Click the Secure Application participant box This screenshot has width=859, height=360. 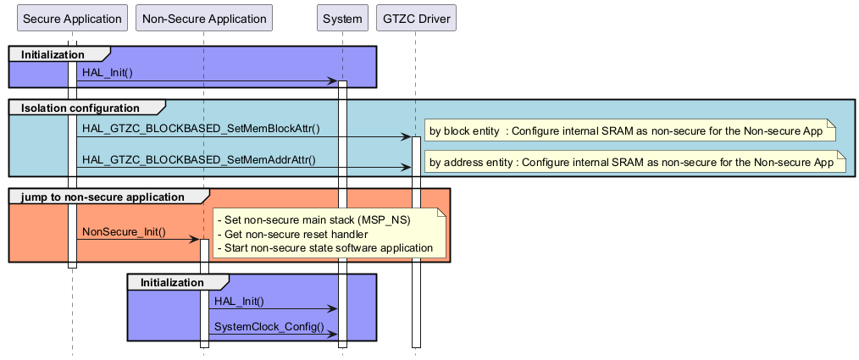point(72,19)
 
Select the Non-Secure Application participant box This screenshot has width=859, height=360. point(203,19)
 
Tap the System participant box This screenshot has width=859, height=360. point(342,19)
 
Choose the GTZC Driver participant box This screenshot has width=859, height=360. point(416,19)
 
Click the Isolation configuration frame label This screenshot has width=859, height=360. point(80,108)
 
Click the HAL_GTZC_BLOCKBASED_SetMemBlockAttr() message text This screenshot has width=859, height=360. point(201,129)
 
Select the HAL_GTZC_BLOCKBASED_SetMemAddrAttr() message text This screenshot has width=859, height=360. point(199,159)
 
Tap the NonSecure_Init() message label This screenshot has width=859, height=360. point(124,231)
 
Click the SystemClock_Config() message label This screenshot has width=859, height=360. point(269,326)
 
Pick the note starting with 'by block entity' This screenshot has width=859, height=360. point(630,131)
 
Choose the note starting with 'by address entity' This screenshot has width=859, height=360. point(630,163)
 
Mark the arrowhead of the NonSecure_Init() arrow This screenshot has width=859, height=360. point(194,240)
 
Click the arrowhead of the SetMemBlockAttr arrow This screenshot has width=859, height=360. point(407,136)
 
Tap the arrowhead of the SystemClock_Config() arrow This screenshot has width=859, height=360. point(333,335)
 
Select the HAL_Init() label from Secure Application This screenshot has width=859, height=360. point(108,73)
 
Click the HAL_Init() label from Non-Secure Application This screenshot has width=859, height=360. point(240,301)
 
